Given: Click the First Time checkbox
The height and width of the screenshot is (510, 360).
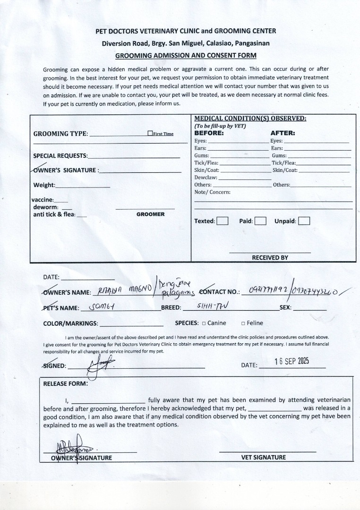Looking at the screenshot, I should pos(150,134).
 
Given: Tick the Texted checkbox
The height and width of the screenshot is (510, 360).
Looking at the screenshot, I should pos(223,221).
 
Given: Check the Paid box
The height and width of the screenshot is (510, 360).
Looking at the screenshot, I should pos(260,221).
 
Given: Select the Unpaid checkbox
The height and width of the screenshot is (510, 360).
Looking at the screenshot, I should pos(304,221).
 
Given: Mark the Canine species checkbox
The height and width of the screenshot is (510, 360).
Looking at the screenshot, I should pos(204,323).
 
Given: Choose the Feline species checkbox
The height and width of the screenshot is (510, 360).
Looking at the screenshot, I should pos(243,323).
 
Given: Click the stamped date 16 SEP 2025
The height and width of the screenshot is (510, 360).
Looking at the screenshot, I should pos(291,361).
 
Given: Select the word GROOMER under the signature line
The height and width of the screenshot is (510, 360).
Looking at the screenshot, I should pos(151,214).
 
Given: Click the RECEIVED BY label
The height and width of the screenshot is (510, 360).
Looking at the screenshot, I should pos(270,258).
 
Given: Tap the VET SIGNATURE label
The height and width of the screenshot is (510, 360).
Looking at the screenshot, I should pos(264,457).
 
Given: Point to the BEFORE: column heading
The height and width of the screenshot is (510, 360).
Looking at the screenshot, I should pos(209,133).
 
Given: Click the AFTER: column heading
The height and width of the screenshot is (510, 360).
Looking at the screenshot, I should pos(283,133).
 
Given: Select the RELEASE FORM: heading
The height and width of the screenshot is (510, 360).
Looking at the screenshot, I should pos(65,383).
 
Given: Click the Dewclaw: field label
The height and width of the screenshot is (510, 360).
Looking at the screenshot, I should pos(206,178).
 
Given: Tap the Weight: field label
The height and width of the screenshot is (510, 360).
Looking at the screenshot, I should pos(44,185).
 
